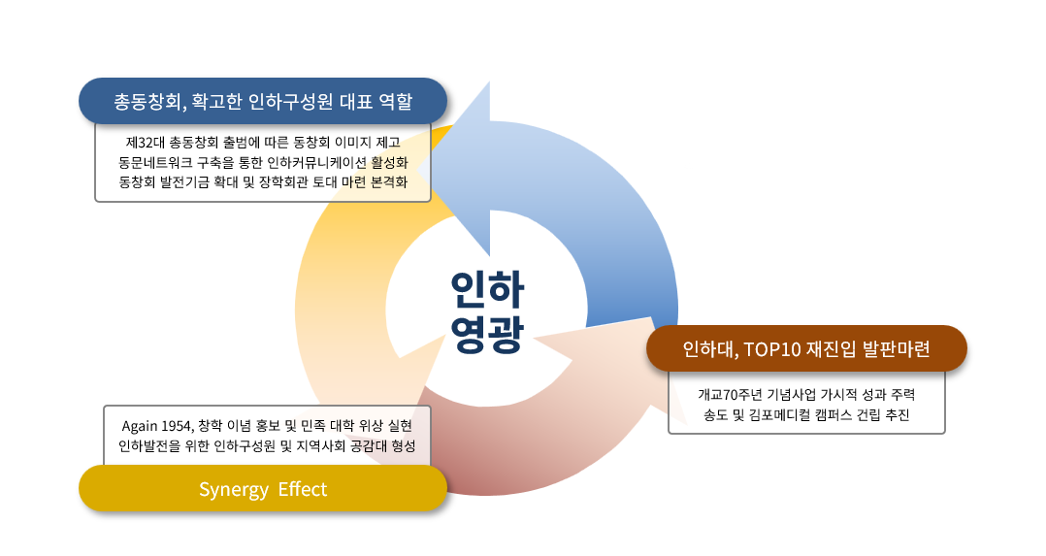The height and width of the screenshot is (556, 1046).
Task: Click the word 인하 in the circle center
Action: [x=488, y=290]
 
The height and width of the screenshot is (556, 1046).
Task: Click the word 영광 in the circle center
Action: [x=488, y=333]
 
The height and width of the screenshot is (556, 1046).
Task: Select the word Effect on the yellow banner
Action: [x=303, y=489]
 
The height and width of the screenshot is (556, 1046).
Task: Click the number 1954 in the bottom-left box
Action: [x=177, y=426]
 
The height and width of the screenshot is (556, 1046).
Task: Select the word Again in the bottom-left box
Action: [x=140, y=427]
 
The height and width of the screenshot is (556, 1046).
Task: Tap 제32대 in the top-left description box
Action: [x=145, y=143]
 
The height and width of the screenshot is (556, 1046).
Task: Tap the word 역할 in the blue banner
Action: [x=395, y=102]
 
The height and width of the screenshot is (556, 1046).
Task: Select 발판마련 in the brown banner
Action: [x=896, y=349]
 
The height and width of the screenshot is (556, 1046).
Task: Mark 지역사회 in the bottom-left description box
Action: [x=321, y=446]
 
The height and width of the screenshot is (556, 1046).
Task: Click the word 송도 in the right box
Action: [x=715, y=415]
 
